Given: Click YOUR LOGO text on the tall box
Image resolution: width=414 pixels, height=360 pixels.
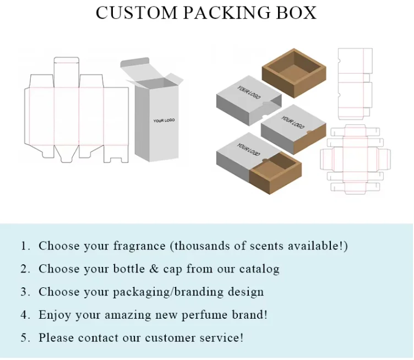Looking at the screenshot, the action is [164, 121].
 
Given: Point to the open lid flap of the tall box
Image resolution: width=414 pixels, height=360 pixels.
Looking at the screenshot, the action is [136, 68].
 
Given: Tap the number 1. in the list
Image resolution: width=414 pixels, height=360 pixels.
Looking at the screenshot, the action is [25, 246].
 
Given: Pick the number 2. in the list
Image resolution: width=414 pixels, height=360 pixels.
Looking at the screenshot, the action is [25, 269].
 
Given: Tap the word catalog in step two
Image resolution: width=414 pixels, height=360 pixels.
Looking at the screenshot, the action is [259, 270].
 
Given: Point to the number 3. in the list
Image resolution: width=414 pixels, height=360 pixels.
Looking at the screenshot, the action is [25, 292].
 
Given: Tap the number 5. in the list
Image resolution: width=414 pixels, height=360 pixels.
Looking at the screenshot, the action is [25, 337].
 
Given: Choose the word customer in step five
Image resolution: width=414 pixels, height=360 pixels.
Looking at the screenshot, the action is [170, 337].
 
